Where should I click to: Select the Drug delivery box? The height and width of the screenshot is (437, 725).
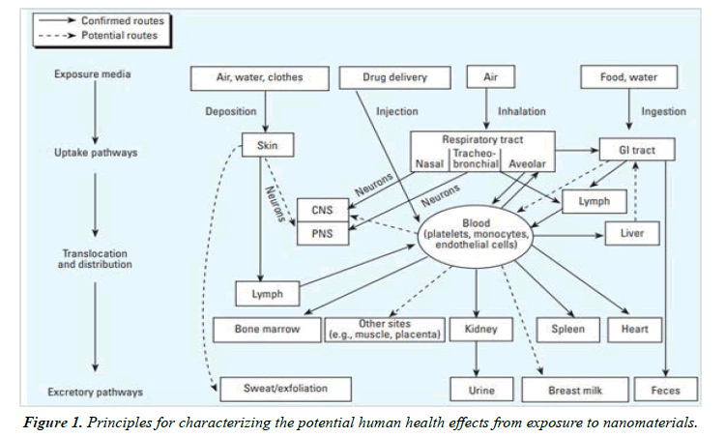point(394,75)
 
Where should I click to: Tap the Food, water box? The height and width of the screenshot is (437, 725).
point(627,75)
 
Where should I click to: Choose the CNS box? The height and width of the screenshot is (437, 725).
point(321,208)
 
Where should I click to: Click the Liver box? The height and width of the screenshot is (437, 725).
point(633,233)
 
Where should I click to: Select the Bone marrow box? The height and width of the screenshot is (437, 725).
point(267,329)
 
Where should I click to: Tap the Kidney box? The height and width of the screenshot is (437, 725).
point(480,329)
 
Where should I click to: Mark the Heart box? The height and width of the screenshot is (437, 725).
point(634,329)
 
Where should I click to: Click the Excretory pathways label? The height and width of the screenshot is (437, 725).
point(95,392)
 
